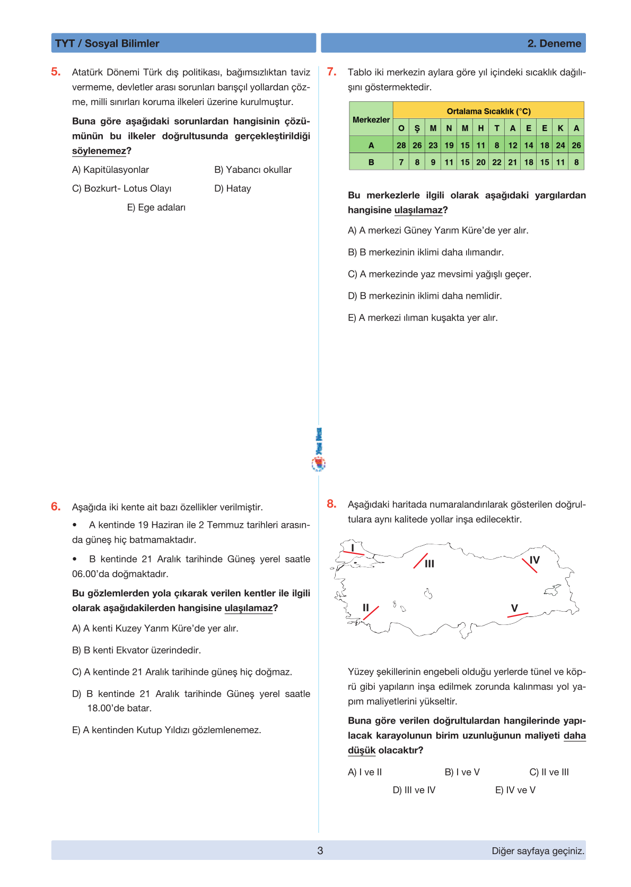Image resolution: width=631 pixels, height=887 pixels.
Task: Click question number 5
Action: tap(56, 72)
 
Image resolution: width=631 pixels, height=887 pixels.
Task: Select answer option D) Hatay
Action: tap(232, 188)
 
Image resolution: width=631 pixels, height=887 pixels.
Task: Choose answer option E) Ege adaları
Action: tap(156, 207)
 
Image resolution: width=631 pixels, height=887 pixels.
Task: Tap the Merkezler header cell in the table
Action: tap(371, 119)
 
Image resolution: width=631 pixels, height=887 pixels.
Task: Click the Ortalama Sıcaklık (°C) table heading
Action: tap(488, 111)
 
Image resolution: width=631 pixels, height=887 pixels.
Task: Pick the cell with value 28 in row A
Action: tap(401, 145)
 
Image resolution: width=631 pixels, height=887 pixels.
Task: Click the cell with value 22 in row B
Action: tap(496, 162)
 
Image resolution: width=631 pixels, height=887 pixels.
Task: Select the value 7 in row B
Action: tap(401, 162)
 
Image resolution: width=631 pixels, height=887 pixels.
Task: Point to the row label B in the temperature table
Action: tap(371, 162)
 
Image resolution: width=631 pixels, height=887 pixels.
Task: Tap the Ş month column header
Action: tap(417, 128)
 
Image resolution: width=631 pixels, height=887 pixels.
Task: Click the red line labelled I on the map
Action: tap(353, 553)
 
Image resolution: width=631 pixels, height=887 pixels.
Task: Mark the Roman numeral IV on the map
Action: tap(534, 560)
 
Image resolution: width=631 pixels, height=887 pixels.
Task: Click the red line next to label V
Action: tap(518, 615)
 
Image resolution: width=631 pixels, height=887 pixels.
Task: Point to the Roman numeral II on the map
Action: tap(365, 607)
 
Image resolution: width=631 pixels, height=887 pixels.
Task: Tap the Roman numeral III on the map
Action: tap(430, 563)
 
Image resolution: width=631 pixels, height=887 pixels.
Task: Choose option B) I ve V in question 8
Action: tap(462, 772)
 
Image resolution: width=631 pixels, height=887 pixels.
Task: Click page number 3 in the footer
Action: tap(320, 850)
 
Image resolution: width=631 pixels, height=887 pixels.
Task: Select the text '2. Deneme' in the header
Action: tap(554, 44)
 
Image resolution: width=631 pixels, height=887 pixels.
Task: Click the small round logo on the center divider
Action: tap(318, 464)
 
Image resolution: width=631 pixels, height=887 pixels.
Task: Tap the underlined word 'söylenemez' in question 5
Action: tap(99, 151)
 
